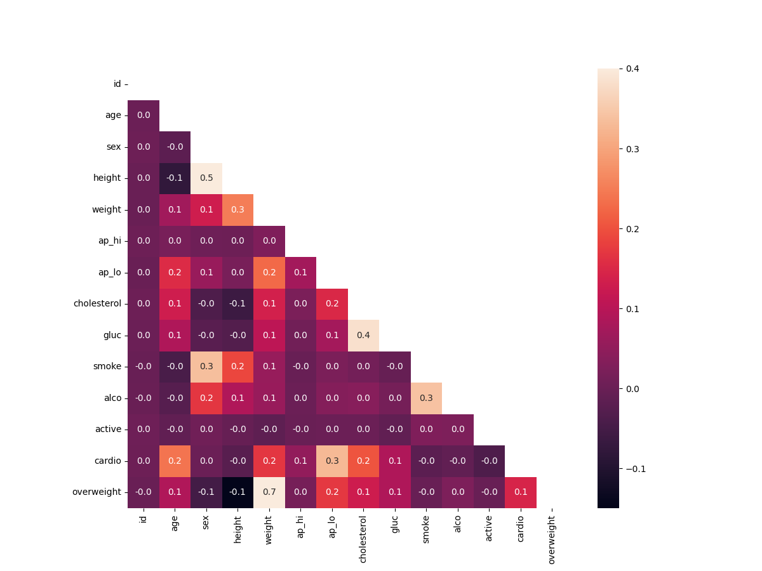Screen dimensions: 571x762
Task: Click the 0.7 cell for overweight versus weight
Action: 269,492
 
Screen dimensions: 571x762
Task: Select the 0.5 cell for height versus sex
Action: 206,178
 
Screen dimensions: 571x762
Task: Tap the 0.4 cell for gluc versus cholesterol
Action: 363,335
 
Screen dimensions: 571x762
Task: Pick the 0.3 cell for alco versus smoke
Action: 426,398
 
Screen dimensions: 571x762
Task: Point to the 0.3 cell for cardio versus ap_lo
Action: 332,461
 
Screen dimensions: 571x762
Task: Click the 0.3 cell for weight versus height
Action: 237,209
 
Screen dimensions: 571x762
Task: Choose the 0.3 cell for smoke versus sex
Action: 206,367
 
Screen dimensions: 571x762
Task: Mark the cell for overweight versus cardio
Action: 521,492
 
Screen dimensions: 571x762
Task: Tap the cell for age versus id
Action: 144,115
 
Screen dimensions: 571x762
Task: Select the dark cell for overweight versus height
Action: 237,492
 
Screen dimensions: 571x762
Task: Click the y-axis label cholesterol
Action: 97,304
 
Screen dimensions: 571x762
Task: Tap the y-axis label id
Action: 117,84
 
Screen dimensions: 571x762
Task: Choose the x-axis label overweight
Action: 552,539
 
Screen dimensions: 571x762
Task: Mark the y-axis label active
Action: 108,430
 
